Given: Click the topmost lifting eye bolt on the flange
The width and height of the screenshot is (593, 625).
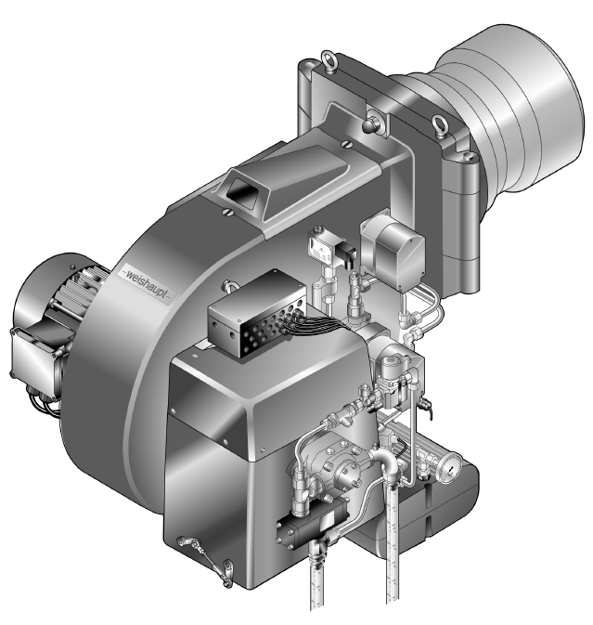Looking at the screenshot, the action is coord(329,59).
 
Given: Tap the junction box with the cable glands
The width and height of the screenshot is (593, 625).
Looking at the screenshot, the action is coord(258,313).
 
